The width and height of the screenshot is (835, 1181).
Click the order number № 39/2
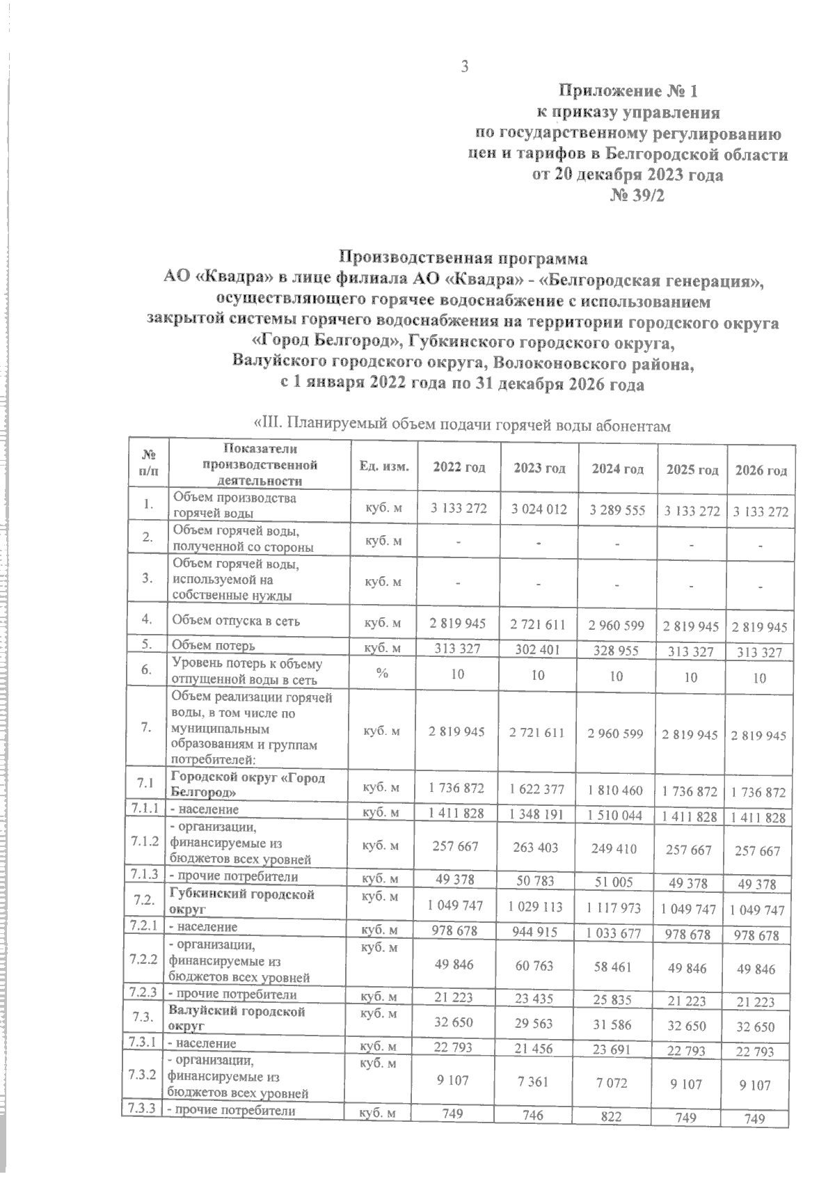[x=637, y=196]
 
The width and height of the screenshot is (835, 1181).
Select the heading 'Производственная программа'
[x=463, y=258]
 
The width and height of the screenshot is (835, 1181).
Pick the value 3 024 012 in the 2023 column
[x=539, y=509]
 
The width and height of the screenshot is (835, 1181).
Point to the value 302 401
[x=538, y=650]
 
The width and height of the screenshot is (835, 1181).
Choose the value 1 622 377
[x=539, y=791]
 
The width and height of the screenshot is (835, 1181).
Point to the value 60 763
[x=539, y=968]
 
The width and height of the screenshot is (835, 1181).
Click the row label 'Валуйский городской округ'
[x=237, y=1019]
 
